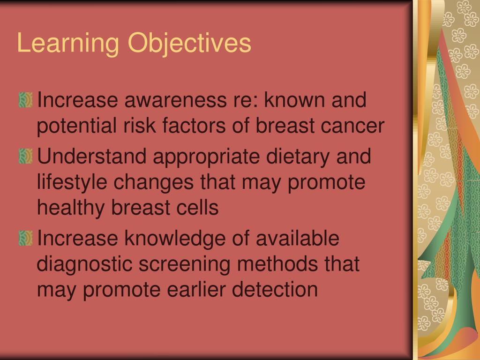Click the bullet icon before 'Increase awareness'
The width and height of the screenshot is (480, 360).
(26, 100)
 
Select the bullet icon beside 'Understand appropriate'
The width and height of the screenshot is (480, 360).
(26, 156)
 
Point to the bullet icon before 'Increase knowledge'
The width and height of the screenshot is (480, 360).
(26, 239)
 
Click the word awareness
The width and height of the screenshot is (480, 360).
(176, 100)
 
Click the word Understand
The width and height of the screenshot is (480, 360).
(91, 156)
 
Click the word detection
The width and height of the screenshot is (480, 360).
(275, 289)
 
